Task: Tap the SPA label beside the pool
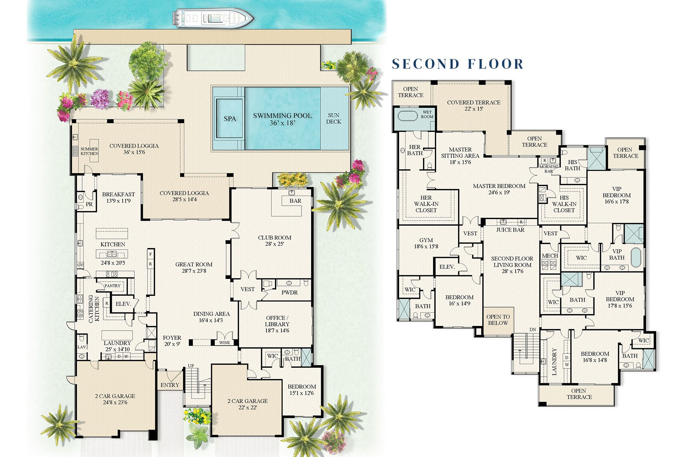[x=230, y=119]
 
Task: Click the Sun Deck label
[x=334, y=119]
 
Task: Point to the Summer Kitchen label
[x=89, y=151]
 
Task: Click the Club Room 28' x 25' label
[x=274, y=241]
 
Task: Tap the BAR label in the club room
[x=295, y=201]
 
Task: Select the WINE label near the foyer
[x=224, y=343]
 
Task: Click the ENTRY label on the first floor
[x=170, y=385]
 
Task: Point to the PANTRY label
[x=113, y=286]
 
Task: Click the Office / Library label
[x=277, y=324]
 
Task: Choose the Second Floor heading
[x=458, y=64]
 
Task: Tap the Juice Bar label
[x=510, y=230]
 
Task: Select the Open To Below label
[x=498, y=320]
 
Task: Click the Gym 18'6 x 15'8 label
[x=426, y=243]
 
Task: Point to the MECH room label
[x=550, y=256]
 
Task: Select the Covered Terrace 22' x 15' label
[x=473, y=105]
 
